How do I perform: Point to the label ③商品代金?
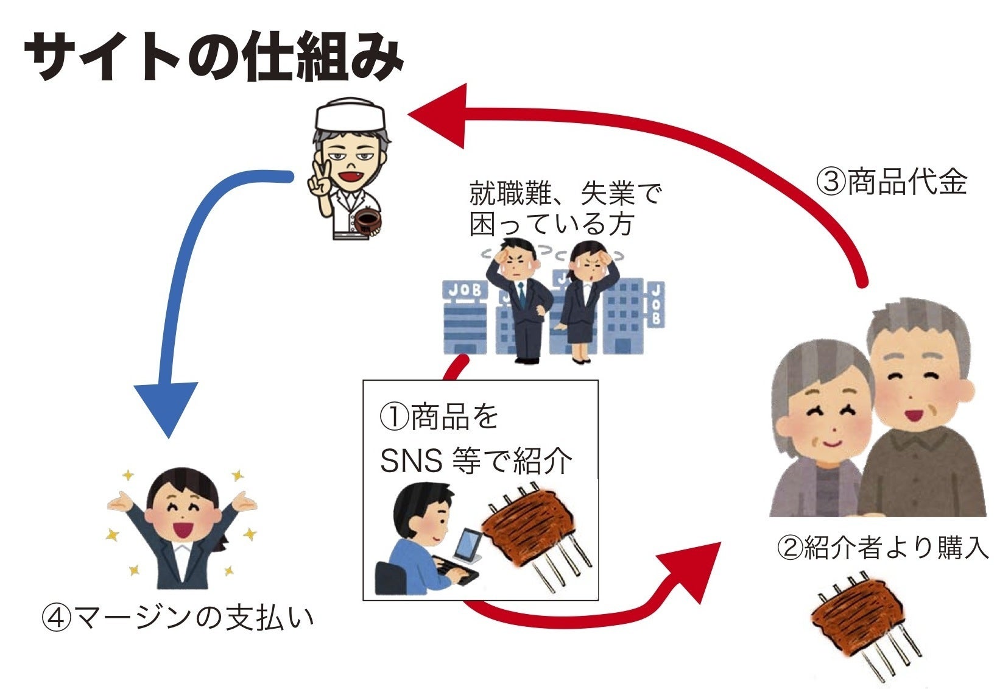[x=892, y=181]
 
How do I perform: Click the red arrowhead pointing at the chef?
[x=440, y=116]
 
